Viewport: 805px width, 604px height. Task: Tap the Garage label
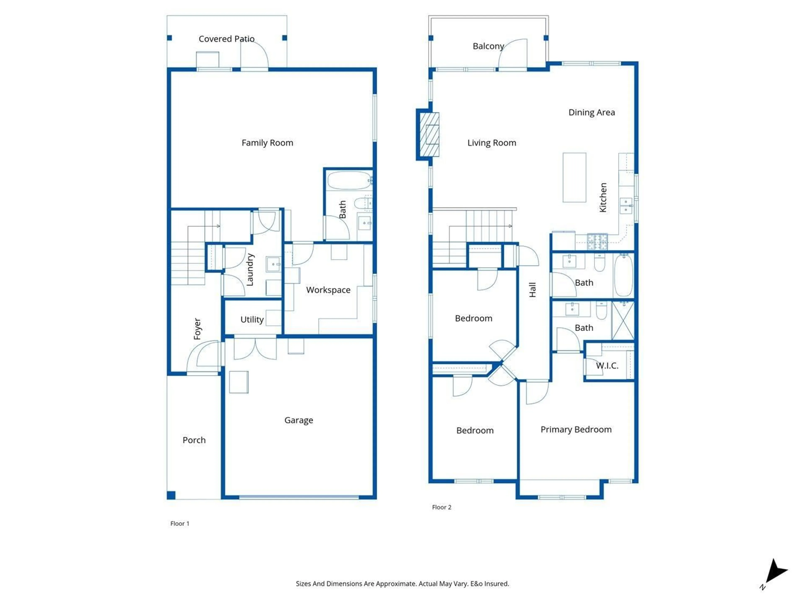(x=299, y=420)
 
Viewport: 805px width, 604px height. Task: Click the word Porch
(x=194, y=440)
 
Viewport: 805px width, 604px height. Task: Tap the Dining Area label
(x=592, y=112)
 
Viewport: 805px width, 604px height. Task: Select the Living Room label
(x=492, y=143)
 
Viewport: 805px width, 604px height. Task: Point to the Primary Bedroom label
(x=576, y=430)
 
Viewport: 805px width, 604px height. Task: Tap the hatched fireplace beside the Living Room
(x=429, y=134)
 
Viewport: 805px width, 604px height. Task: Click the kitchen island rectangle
(x=574, y=177)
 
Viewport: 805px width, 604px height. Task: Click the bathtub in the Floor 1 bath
(x=349, y=180)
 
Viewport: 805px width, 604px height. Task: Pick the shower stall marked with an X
(x=623, y=321)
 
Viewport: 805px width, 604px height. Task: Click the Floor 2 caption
(x=441, y=507)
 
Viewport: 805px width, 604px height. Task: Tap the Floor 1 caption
(x=180, y=523)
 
